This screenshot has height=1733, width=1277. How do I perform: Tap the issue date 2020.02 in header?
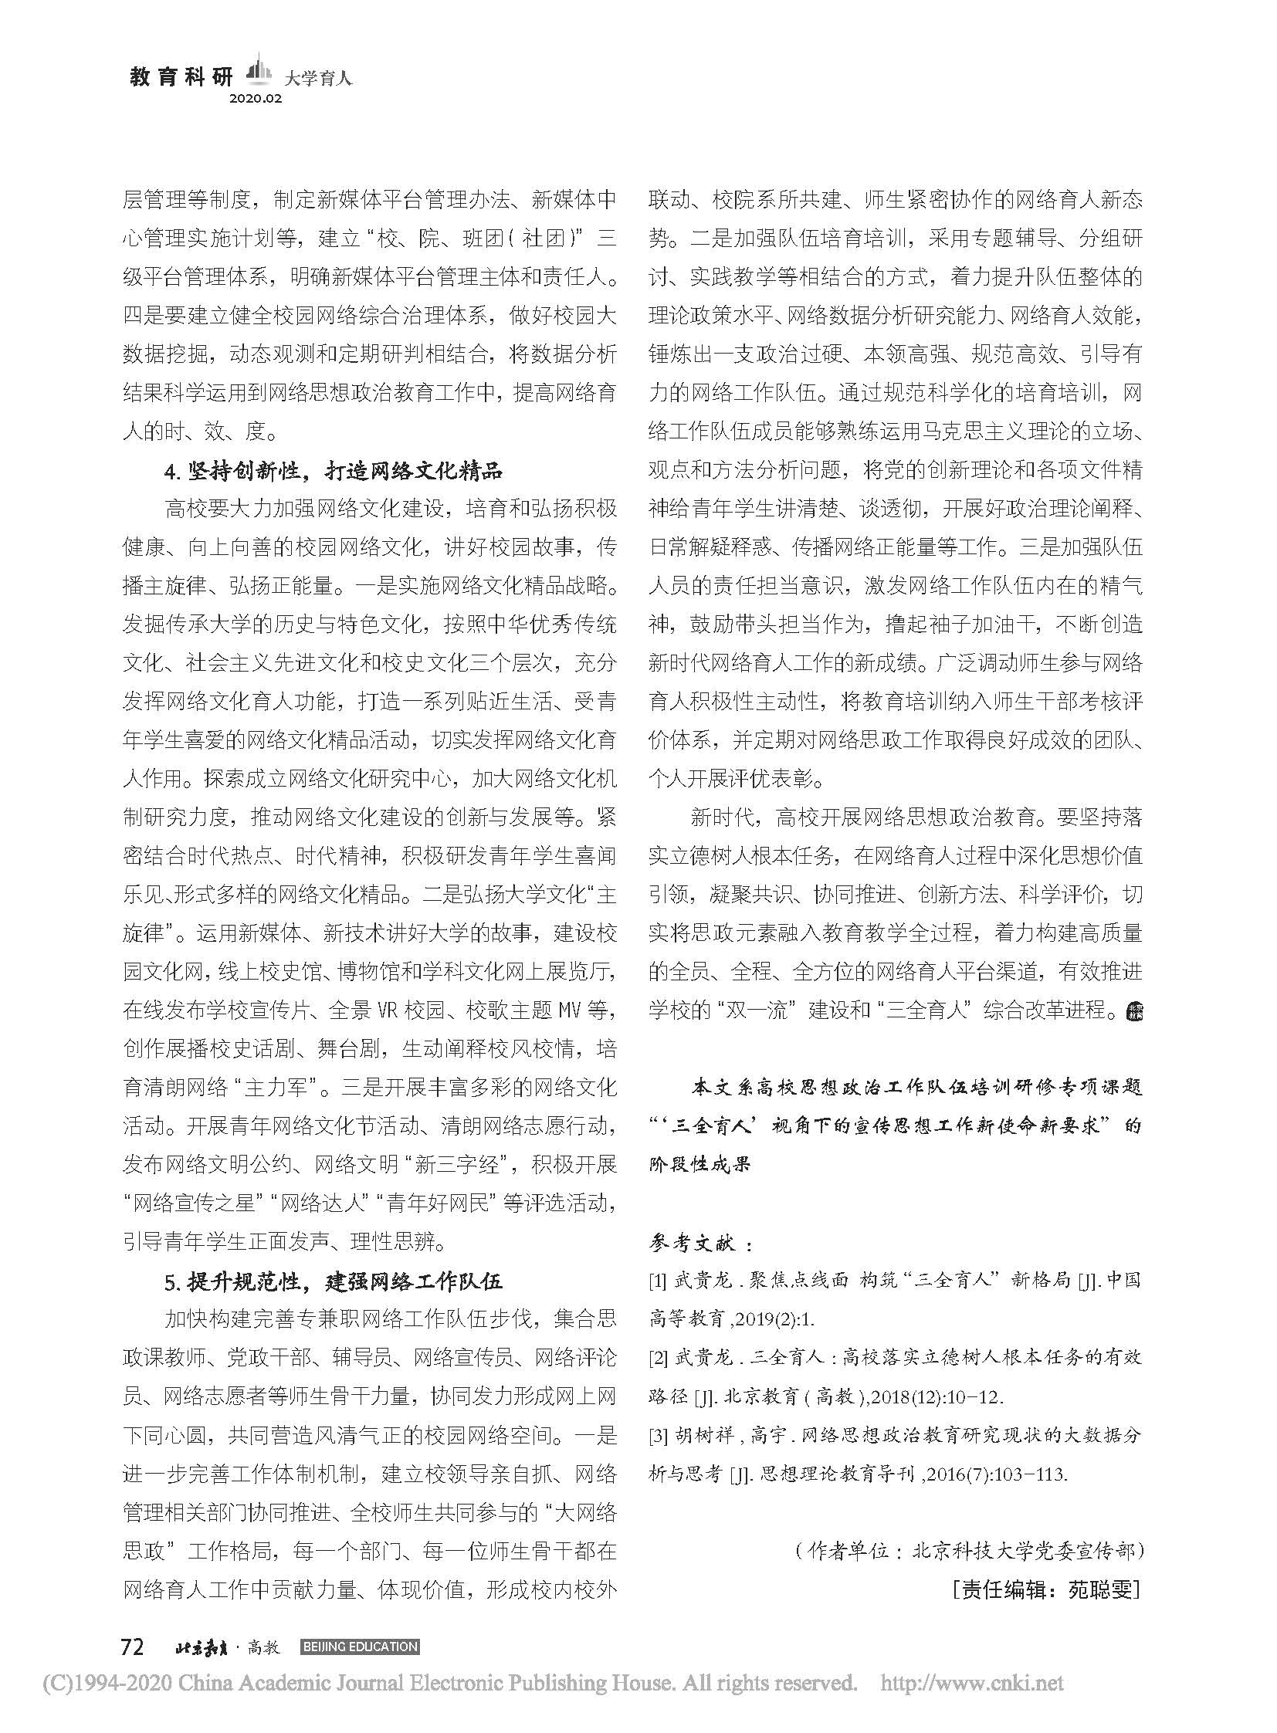click(255, 99)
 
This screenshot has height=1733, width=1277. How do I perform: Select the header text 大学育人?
click(317, 78)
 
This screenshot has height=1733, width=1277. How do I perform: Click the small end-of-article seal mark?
click(1133, 1010)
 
